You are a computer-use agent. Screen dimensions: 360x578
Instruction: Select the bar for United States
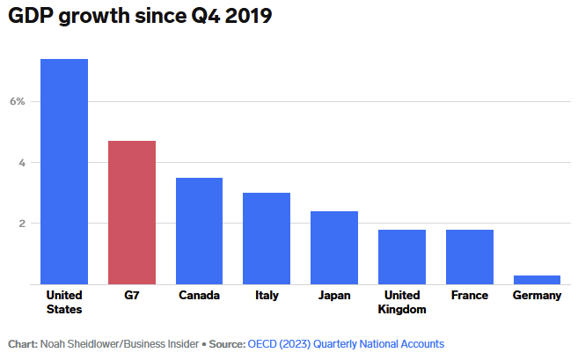64,172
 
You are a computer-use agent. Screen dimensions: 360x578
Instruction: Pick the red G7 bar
132,212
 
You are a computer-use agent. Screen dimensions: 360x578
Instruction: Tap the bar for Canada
199,231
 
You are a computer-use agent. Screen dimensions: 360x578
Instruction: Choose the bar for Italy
267,239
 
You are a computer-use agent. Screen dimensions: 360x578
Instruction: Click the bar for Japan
334,247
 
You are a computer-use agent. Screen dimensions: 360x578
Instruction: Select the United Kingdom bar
402,257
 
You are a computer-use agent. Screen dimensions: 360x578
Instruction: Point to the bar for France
470,257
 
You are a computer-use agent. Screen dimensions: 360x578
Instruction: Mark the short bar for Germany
537,280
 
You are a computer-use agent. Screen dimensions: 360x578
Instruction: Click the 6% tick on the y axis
18,101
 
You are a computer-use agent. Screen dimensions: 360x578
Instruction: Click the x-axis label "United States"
64,302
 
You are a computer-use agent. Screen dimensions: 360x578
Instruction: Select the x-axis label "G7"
132,296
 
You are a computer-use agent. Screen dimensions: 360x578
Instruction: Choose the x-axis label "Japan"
334,296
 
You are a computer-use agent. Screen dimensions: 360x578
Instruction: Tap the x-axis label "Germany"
537,296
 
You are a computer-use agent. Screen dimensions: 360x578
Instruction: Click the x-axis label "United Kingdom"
402,302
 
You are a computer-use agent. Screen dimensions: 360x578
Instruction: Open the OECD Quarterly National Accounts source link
346,343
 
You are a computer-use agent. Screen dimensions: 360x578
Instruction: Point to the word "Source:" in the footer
226,343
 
